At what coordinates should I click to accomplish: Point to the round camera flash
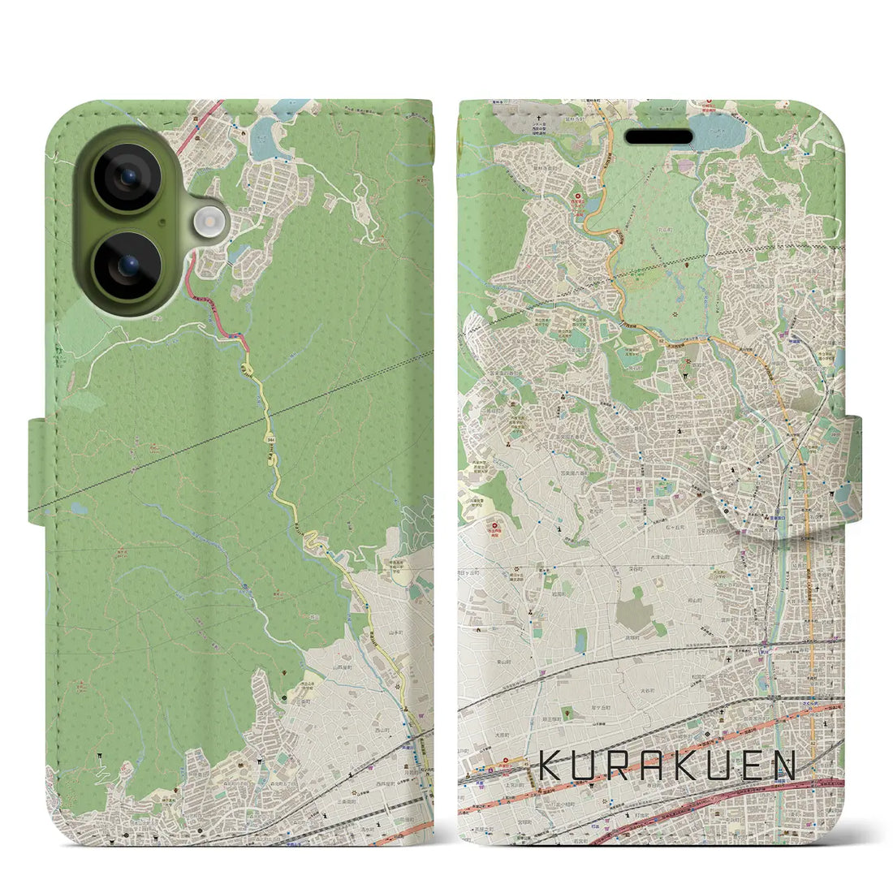(210, 221)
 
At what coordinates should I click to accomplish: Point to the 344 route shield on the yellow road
(267, 439)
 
